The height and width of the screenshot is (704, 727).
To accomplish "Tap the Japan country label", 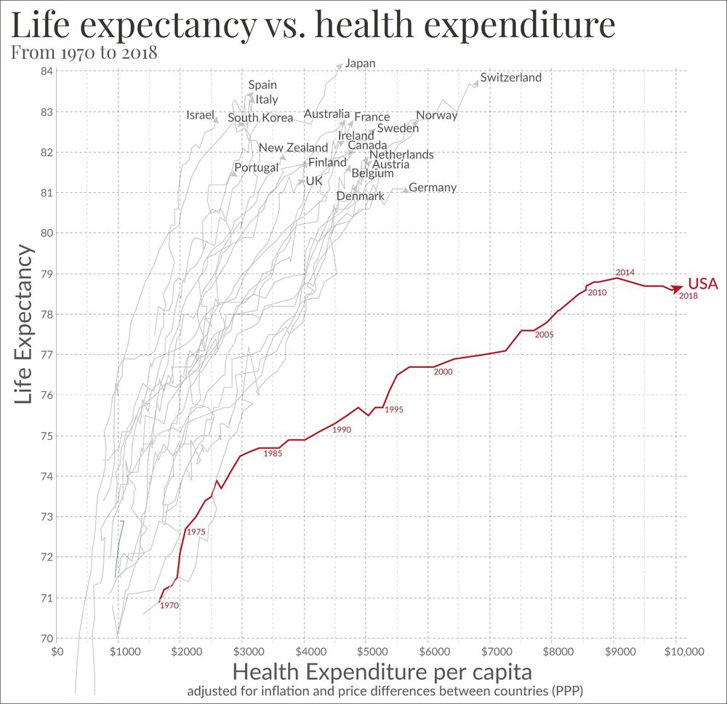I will (360, 63).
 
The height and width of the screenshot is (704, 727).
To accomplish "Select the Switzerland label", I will (510, 77).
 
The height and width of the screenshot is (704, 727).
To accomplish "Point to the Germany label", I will (433, 188).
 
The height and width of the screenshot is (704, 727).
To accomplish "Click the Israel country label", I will (201, 115).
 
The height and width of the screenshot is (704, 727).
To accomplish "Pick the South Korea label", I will (260, 118).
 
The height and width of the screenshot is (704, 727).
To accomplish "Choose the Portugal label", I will (256, 167).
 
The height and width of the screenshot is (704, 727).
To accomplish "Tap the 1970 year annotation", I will (169, 605).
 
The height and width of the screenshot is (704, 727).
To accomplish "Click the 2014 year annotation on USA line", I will (625, 272).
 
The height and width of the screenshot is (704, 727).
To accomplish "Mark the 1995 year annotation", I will (394, 409).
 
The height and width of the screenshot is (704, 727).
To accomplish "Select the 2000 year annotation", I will (443, 372).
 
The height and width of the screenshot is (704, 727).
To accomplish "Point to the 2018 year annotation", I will (688, 296).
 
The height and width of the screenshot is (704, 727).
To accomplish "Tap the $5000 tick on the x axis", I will (367, 652).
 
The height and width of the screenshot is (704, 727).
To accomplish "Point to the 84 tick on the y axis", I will (46, 71).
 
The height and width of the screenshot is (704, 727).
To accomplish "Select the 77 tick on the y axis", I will (46, 355).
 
